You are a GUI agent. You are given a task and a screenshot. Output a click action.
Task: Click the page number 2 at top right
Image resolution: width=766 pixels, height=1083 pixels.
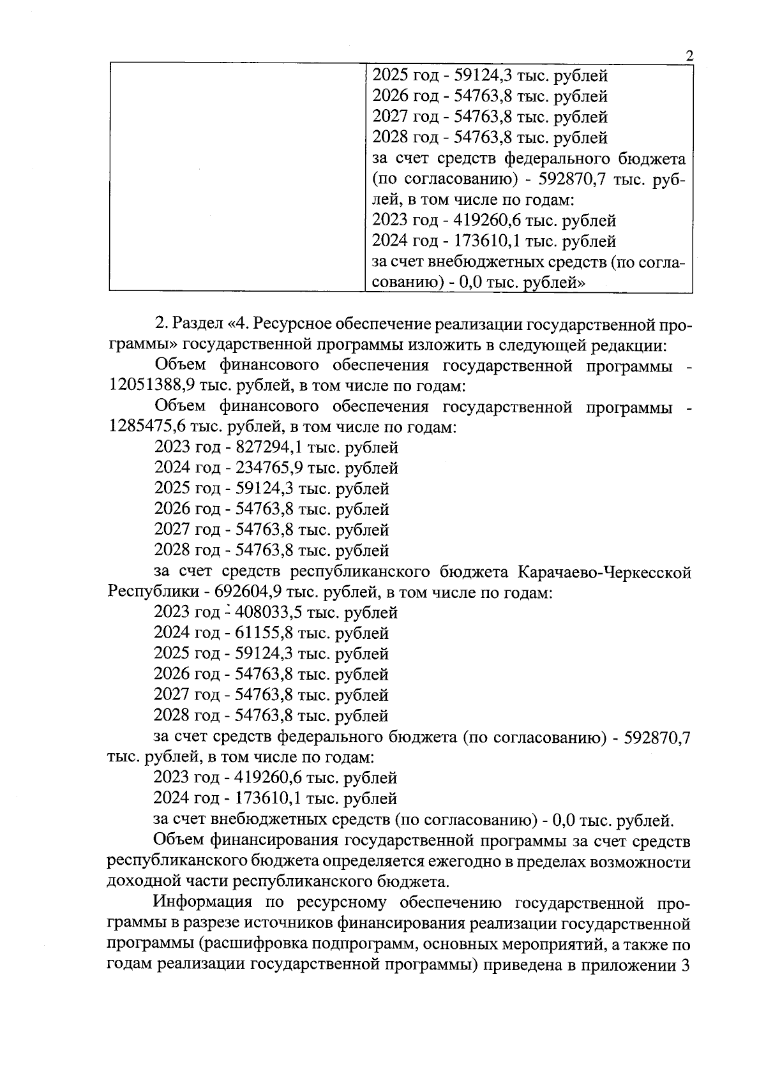point(689,56)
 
